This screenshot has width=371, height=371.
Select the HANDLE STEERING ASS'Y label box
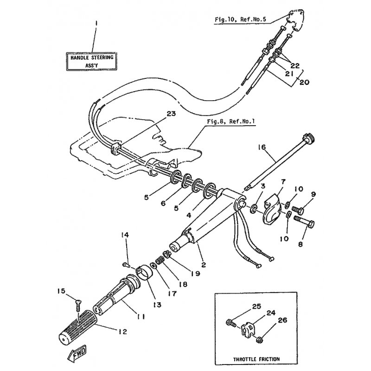coord(91,61)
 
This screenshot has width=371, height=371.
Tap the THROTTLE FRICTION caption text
coord(256,359)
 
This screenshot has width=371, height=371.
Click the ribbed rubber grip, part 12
coord(77,326)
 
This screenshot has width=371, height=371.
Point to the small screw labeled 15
coord(77,306)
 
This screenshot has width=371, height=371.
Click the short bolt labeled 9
coord(298,210)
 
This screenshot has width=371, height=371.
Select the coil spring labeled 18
coord(159,261)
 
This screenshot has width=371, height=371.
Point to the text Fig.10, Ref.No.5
coord(240,19)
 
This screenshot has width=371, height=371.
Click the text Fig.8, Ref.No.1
coord(231,122)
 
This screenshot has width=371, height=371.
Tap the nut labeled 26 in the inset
coord(260,340)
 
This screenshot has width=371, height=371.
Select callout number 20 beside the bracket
coord(304,82)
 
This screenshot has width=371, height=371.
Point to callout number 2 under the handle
coord(204,264)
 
